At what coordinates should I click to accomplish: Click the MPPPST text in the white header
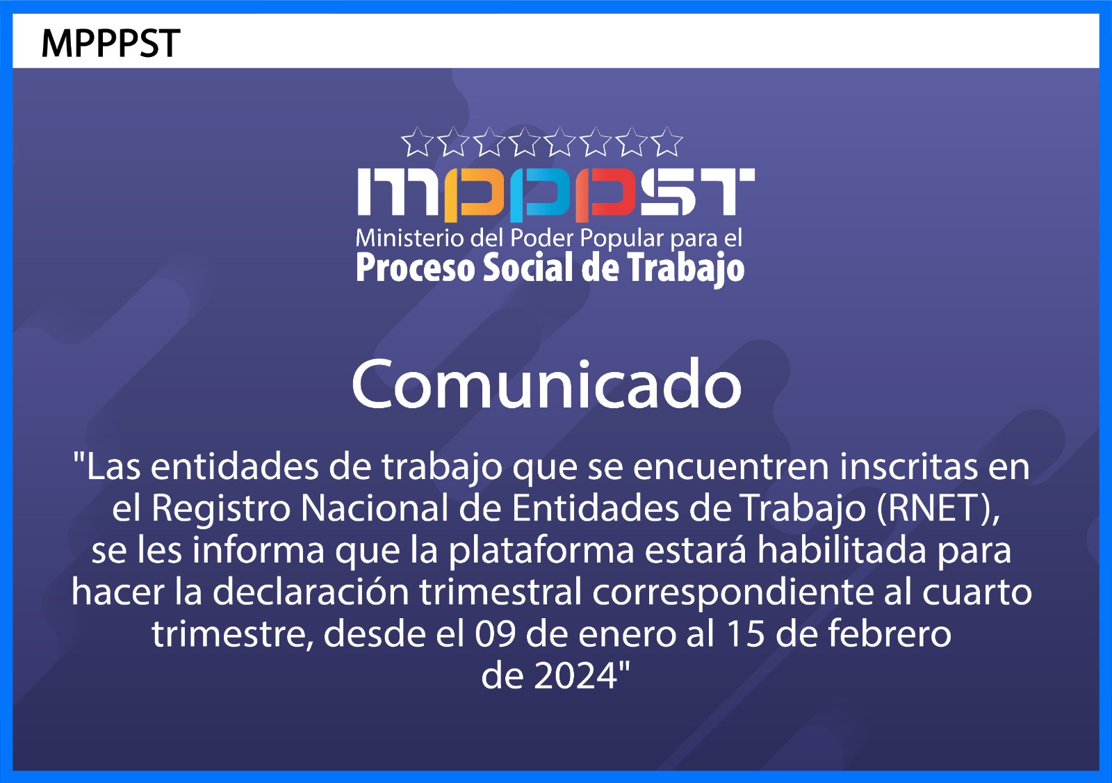[111, 44]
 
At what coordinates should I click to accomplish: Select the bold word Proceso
[415, 269]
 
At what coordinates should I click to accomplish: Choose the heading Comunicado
[546, 384]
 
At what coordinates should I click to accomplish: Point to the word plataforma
[541, 551]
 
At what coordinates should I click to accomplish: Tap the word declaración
[311, 592]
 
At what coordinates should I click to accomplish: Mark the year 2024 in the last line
[575, 677]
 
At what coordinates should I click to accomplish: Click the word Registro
[221, 510]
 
